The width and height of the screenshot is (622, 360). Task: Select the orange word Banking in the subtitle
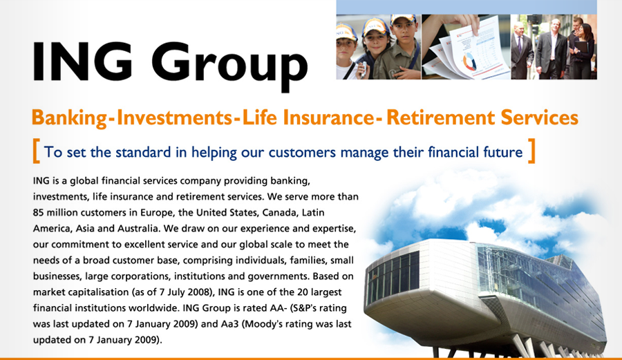[69, 117]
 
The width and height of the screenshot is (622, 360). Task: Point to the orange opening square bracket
[36, 151]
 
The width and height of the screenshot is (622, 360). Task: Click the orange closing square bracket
[532, 151]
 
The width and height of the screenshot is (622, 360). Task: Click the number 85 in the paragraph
[39, 213]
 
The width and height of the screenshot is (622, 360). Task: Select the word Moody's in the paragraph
[263, 324]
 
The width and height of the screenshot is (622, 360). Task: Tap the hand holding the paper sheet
[460, 23]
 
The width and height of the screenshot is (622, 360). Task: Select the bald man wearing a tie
[522, 50]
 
